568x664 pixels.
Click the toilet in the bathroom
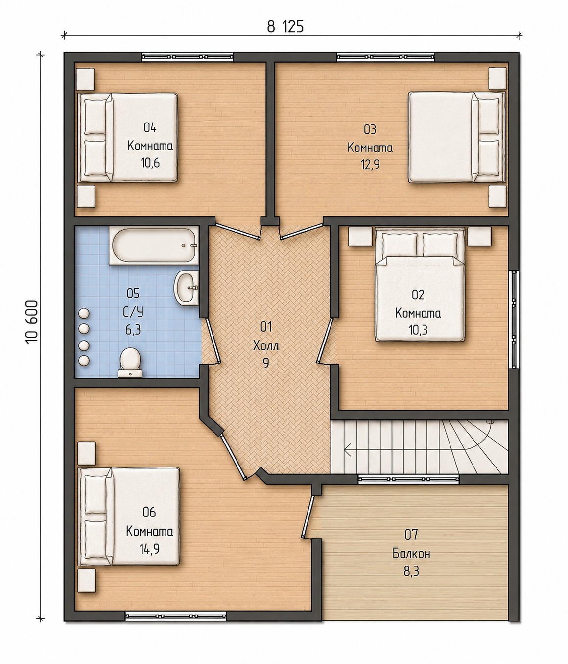pos(130,362)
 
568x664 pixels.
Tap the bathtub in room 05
pos(153,246)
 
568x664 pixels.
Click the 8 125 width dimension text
pos(285,27)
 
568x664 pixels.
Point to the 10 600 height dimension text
pos(32,322)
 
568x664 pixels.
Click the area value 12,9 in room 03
pos(370,165)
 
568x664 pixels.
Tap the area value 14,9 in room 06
pos(149,549)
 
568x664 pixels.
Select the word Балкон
pos(411,553)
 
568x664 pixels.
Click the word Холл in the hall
pos(266,346)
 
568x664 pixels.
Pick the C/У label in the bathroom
pos(133,311)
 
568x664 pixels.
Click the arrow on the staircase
pos(347,450)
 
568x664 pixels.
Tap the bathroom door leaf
pos(213,341)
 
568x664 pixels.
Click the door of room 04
pos(237,232)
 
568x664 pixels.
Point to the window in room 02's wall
pos(514,320)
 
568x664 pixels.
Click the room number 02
pos(418,295)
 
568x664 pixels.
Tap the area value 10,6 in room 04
pos(150,163)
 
